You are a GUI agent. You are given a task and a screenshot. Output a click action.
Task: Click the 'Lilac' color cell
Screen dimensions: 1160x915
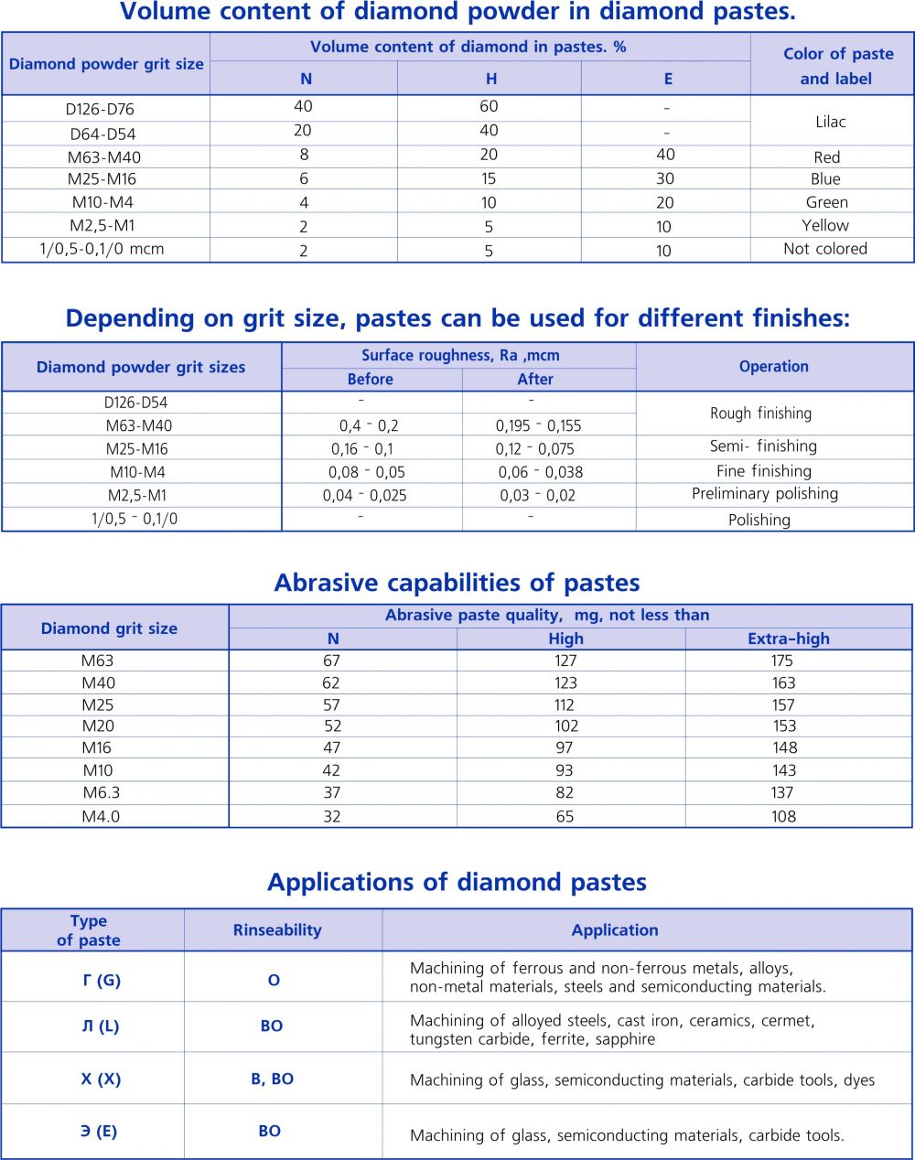tap(830, 122)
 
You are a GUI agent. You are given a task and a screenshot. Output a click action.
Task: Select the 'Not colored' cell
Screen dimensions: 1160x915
tap(824, 249)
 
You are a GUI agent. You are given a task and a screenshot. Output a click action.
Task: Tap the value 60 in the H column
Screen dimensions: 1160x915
tap(489, 106)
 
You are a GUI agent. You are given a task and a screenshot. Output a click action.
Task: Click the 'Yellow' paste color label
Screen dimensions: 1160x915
tap(824, 225)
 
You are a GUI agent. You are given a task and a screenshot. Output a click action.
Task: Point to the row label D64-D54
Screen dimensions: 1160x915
tap(102, 134)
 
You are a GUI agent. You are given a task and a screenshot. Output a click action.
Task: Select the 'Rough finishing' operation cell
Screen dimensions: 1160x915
tap(760, 414)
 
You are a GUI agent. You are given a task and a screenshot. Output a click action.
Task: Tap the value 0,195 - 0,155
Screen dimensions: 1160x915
tap(538, 425)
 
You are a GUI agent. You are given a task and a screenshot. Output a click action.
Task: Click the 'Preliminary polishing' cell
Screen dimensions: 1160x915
tap(764, 494)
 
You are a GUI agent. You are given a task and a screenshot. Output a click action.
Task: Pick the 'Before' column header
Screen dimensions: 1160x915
tap(370, 380)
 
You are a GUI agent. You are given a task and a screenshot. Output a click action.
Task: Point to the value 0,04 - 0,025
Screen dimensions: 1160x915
tap(364, 495)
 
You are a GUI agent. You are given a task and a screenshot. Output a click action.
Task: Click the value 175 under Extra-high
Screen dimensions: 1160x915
tap(782, 661)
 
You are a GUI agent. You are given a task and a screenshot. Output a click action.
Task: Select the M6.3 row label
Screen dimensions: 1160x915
tap(101, 793)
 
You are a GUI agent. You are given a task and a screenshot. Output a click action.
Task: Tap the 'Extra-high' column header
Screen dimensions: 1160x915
tap(788, 639)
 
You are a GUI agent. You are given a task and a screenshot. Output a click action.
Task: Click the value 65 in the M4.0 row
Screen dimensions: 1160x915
tap(565, 816)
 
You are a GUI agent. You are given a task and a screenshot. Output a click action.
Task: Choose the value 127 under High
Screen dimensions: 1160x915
tap(565, 661)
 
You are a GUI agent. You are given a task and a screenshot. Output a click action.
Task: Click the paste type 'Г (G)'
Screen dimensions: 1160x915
tap(101, 980)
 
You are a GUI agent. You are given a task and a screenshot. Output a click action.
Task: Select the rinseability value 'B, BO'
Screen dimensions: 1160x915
tap(272, 1079)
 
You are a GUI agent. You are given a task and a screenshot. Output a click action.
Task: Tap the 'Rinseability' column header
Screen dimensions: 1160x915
tap(277, 930)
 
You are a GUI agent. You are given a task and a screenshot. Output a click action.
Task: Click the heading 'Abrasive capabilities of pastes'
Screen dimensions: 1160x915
tap(457, 583)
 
